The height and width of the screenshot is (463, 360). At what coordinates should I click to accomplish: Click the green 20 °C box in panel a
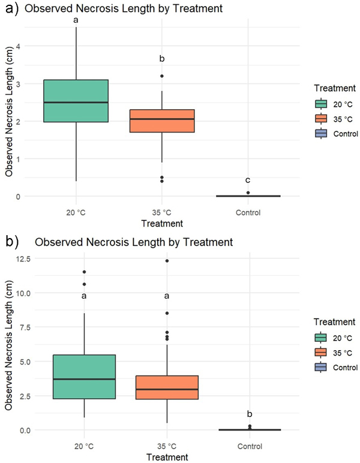76,100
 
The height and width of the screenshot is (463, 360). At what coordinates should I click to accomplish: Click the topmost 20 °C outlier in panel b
83,272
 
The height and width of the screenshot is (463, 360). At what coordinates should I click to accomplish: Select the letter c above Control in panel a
248,181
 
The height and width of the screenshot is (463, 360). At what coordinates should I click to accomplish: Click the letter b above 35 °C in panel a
162,59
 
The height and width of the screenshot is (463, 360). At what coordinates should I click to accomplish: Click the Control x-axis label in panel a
248,212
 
